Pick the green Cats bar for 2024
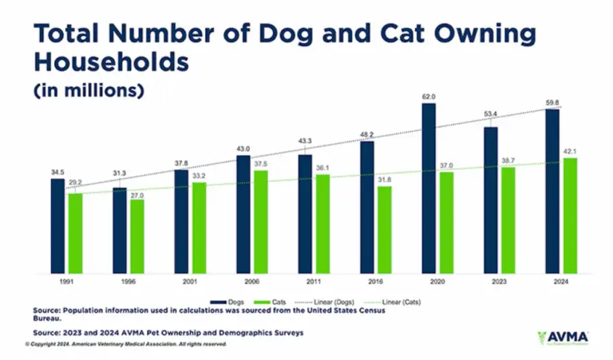pos(570,216)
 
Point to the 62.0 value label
pos(429,97)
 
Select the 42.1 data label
pos(570,151)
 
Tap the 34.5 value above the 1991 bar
pos(57,172)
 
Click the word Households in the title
pos(112,61)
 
